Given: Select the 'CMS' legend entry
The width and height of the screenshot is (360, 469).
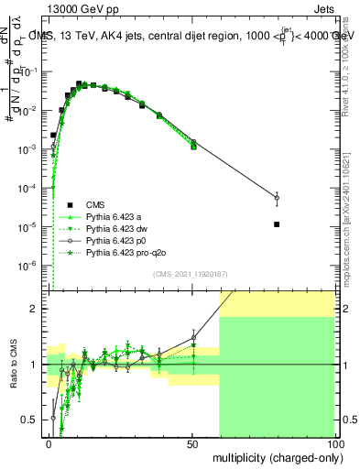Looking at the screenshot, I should [96, 205].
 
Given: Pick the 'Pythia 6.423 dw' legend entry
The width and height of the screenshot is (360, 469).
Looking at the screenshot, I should [119, 229].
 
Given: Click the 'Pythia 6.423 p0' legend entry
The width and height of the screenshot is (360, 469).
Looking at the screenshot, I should [119, 241].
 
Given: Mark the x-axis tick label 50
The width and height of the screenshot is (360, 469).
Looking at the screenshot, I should [192, 443].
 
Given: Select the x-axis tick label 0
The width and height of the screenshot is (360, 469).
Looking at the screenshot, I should [49, 443].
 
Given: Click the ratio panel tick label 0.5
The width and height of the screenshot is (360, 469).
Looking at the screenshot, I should [36, 420].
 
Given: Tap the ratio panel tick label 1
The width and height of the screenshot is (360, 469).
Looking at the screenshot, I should [40, 365].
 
